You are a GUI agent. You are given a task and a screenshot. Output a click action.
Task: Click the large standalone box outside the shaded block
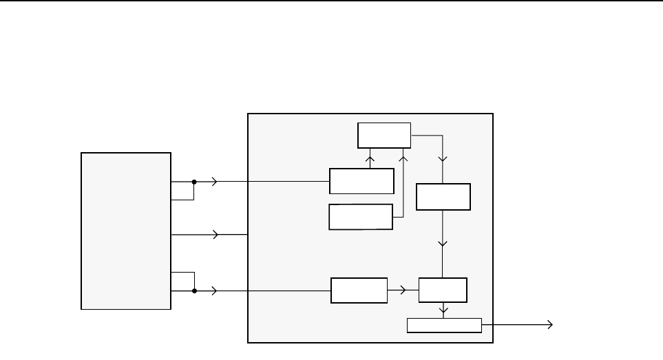[126, 231]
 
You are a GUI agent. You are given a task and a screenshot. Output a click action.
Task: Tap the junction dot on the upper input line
[195, 182]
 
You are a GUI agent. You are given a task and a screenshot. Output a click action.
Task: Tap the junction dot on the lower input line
[195, 290]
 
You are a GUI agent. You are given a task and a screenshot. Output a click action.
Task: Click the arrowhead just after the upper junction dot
[216, 182]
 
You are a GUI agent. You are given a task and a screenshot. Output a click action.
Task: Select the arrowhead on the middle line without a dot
[216, 235]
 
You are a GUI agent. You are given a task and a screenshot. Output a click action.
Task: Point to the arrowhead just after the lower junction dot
[216, 290]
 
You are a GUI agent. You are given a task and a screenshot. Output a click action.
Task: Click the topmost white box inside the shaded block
[383, 135]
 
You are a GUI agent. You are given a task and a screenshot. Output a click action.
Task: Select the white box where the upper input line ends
[361, 181]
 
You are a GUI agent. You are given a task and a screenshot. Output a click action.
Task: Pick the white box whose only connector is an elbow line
[361, 217]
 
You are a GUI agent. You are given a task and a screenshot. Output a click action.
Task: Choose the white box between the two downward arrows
[443, 197]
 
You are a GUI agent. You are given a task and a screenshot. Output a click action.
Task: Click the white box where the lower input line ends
[359, 290]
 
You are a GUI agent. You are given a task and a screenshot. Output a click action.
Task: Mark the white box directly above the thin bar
[443, 290]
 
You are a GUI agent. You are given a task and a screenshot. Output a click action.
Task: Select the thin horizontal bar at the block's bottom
[444, 326]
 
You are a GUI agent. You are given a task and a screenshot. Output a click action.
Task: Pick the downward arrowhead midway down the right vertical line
[443, 244]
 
